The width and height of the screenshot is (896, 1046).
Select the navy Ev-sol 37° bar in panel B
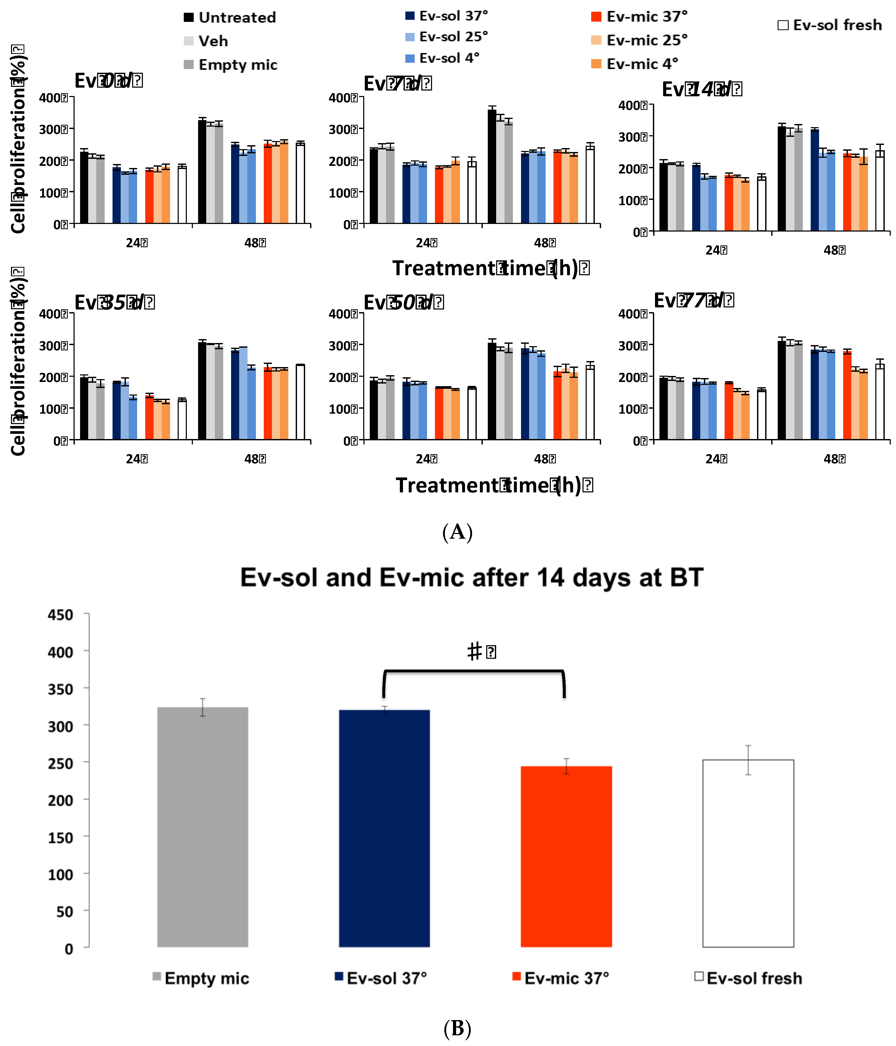[384, 828]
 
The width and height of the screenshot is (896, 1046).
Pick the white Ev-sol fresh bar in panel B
[748, 853]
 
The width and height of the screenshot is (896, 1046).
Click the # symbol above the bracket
[474, 651]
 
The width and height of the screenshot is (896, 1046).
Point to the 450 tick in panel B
[60, 615]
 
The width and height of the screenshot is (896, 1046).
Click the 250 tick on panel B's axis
[60, 763]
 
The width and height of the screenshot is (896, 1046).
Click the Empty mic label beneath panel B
[206, 978]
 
